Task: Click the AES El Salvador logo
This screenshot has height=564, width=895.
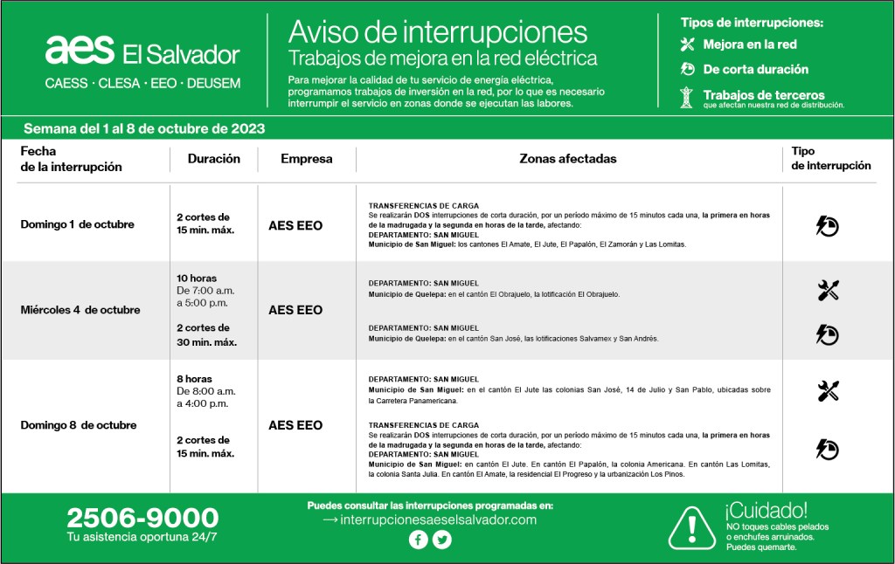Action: tap(142, 52)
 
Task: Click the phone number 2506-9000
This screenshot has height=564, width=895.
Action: tap(142, 518)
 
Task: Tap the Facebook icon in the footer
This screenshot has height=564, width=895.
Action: tap(418, 540)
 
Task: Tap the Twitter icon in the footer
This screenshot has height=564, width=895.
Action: tap(442, 540)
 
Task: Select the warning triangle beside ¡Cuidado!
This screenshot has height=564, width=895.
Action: tap(691, 526)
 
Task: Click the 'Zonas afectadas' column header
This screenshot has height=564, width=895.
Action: tap(568, 159)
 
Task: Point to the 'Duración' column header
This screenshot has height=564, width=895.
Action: tap(213, 159)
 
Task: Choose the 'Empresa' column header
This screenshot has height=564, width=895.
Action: tap(307, 159)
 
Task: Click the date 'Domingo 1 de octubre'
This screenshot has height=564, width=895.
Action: tap(78, 224)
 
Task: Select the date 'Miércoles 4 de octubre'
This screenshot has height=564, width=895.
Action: tap(80, 310)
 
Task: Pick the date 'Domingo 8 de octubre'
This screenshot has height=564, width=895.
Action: tap(79, 425)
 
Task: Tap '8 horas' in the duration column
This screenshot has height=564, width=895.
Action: tap(194, 379)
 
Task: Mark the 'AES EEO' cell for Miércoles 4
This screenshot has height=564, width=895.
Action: tap(295, 310)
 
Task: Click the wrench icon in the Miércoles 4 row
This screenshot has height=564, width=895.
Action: tap(828, 291)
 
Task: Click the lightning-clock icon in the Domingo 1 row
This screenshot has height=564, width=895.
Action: tap(827, 226)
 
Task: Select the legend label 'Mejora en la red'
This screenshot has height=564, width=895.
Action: tap(750, 45)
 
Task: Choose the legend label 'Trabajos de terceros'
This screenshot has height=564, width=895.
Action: tap(764, 95)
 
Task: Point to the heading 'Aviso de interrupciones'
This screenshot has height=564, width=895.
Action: tap(438, 32)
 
